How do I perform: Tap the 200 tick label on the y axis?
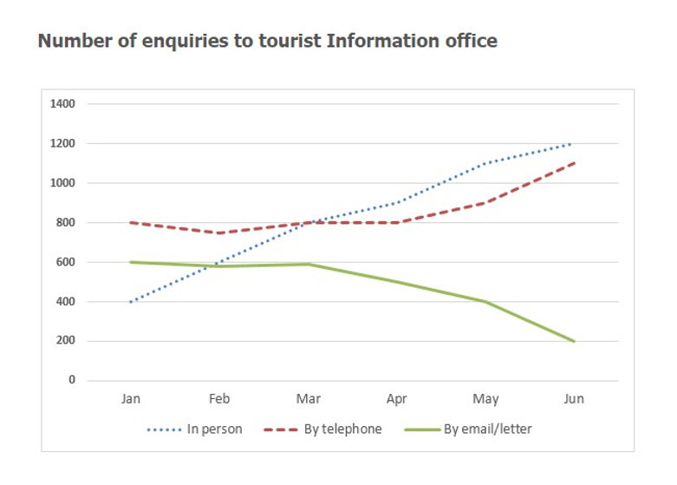[x=68, y=341]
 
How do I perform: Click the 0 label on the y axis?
[x=72, y=381]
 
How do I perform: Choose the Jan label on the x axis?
[x=131, y=400]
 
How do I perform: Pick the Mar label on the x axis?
[x=308, y=400]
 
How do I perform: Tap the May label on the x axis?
[x=485, y=400]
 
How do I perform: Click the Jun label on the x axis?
[x=573, y=400]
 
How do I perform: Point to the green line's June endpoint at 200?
[x=573, y=341]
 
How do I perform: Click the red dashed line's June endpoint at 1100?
[x=573, y=163]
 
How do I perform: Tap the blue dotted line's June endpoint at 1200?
[x=573, y=144]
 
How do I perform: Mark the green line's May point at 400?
[x=485, y=302]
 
